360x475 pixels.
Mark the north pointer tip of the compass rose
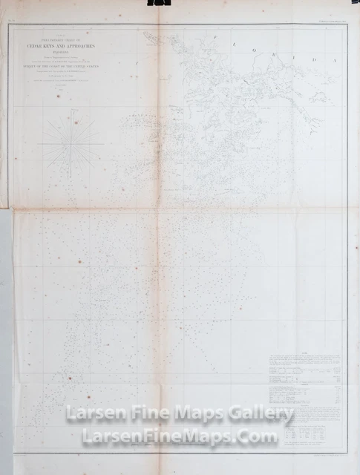point(74,111)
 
